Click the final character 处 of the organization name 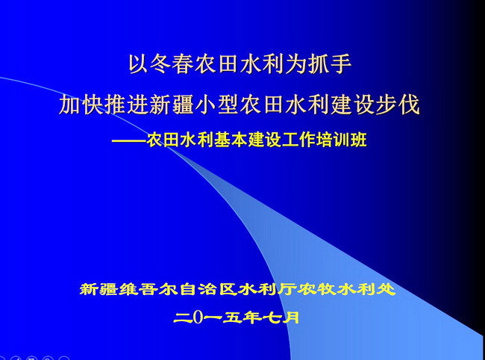click(387, 290)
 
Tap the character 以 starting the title click(137, 64)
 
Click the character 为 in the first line click(295, 64)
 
